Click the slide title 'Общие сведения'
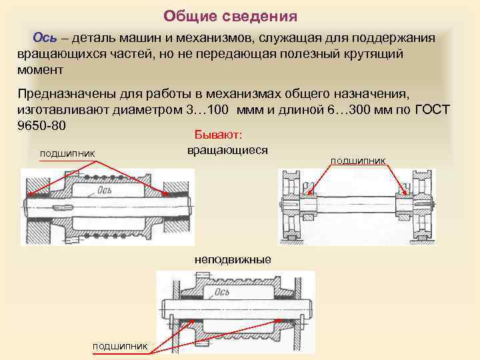[230, 15]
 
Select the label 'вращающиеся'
[227, 149]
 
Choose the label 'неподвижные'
[233, 259]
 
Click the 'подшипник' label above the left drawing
[68, 155]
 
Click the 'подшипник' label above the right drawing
[358, 160]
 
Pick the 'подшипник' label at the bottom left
[120, 345]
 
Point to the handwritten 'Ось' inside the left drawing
[105, 191]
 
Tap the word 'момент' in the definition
[41, 69]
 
